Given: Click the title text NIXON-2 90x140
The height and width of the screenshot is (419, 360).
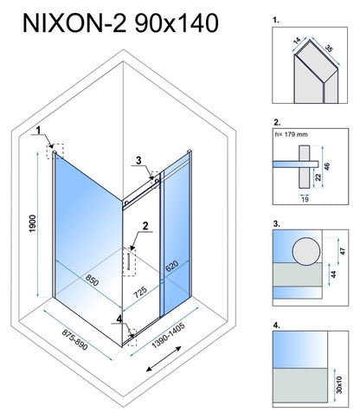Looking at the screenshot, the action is (x=120, y=23).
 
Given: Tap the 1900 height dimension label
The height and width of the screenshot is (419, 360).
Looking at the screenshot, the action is (x=32, y=223).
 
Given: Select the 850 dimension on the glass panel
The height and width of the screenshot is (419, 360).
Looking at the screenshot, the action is (x=93, y=279).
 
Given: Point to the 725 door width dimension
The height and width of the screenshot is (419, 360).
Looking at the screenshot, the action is (x=140, y=293).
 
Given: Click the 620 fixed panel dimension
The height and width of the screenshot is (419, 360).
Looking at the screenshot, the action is (x=171, y=266).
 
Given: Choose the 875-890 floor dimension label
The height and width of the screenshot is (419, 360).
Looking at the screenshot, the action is (x=74, y=340).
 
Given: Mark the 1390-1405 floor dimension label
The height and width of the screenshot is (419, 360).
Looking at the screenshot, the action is (x=168, y=336).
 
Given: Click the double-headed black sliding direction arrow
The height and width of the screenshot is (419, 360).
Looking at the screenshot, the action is (x=164, y=358).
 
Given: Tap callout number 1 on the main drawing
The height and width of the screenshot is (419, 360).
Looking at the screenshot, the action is (x=38, y=130).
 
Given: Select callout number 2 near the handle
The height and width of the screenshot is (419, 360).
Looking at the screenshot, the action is (x=145, y=226).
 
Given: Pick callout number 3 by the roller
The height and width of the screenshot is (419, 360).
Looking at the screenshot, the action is (x=138, y=160).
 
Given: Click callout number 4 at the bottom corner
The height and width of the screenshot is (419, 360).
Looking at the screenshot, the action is (x=119, y=319).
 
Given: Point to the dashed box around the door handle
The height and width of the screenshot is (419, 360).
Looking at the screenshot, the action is (x=130, y=261).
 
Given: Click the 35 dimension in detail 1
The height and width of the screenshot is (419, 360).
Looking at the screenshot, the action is (x=329, y=48).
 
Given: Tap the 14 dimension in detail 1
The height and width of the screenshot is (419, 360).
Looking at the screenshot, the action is (x=296, y=41).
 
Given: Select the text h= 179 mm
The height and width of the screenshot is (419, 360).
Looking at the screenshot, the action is (x=291, y=134).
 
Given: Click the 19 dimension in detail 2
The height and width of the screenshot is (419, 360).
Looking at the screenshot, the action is (x=305, y=199).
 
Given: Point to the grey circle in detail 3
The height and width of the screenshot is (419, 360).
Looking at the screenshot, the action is (x=306, y=251).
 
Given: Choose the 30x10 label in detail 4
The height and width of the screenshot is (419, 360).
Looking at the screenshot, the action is (x=339, y=384).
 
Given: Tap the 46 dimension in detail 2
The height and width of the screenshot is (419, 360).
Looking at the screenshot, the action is (x=327, y=166).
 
